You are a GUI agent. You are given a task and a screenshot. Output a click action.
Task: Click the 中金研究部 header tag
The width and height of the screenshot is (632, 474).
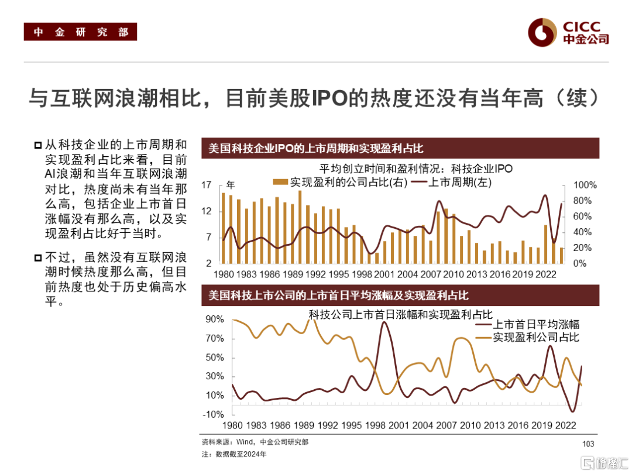coord(80,32)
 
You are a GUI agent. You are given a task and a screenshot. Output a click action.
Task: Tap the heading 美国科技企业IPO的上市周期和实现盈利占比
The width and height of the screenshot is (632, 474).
coord(315,148)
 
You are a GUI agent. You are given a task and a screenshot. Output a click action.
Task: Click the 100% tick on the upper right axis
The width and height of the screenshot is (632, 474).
coord(585,186)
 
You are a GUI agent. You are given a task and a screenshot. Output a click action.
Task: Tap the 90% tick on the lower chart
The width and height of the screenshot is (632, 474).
coord(215,320)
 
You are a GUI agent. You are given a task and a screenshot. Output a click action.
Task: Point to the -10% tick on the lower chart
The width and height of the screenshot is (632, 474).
coord(214,414)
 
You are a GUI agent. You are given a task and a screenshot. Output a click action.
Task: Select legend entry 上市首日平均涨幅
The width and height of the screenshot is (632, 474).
coord(536,325)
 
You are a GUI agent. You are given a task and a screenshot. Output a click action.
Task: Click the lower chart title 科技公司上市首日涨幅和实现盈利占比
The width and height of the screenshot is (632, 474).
coord(401,315)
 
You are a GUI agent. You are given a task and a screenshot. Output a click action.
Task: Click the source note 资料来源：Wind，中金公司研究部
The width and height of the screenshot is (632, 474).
coord(255,442)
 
